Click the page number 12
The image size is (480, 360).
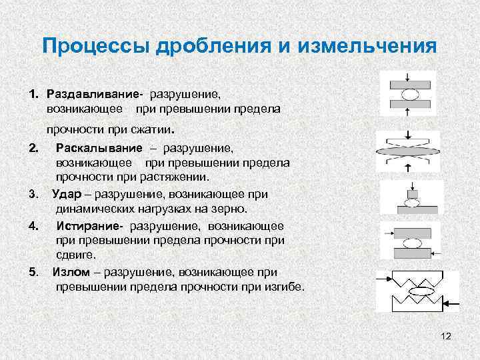pyautogui.click(x=446, y=337)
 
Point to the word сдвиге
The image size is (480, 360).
pyautogui.click(x=76, y=255)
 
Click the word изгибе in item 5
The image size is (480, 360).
pyautogui.click(x=285, y=287)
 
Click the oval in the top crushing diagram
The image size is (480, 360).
pyautogui.click(x=410, y=95)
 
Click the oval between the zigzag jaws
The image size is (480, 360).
pyautogui.click(x=420, y=292)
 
